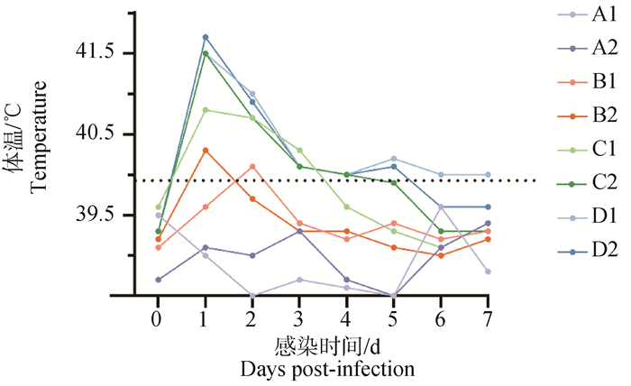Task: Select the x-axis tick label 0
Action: (x=158, y=320)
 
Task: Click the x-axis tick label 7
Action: (x=488, y=320)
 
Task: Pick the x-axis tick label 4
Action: (x=346, y=320)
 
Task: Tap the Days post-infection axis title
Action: (x=327, y=368)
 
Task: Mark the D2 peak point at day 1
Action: (x=206, y=37)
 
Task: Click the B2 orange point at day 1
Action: (x=206, y=151)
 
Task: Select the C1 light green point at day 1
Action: (x=206, y=110)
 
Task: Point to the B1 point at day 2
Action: (x=252, y=166)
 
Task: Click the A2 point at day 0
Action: (x=158, y=280)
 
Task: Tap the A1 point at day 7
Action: (x=488, y=271)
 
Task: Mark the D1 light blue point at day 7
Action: (x=488, y=174)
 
